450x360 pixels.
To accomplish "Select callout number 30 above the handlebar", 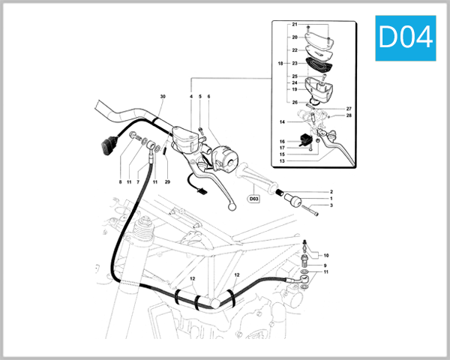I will point(162,97).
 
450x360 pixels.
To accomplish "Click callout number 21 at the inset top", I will point(294,25).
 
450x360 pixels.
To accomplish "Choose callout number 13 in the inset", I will point(283,160).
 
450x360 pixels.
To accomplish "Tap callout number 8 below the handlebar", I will point(120,182).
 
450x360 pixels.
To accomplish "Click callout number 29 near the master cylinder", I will point(167,182).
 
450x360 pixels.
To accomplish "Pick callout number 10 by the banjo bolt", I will point(325,255).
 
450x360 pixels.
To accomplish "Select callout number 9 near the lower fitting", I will point(325,265).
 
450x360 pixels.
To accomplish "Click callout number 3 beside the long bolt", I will point(331,205).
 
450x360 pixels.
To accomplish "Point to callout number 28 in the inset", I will point(349,115).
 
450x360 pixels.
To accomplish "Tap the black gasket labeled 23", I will point(316,63).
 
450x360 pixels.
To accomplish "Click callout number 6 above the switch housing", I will point(208,97).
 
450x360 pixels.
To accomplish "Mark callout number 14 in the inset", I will point(283,121).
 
